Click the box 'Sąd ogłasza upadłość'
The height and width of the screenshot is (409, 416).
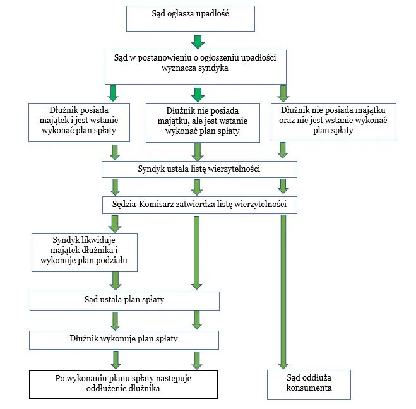pos(191,18)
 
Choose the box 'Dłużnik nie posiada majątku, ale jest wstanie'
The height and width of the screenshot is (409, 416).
pos(199,122)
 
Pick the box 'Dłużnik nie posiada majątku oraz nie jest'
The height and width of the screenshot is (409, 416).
pos(333,121)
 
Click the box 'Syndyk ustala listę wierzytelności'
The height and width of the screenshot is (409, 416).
pos(199,169)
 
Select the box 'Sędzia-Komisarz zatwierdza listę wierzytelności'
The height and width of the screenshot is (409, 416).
pos(199,204)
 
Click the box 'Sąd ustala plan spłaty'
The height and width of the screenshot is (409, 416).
pos(124,300)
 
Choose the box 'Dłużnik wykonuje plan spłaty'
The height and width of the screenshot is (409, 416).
pos(124,339)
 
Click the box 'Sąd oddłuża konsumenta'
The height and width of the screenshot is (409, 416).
pos(308,384)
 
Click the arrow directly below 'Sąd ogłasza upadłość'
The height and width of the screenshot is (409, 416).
pos(198,42)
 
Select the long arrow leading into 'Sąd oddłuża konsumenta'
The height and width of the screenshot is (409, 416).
pos(283,290)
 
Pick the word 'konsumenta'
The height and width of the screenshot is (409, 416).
pos(308,388)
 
